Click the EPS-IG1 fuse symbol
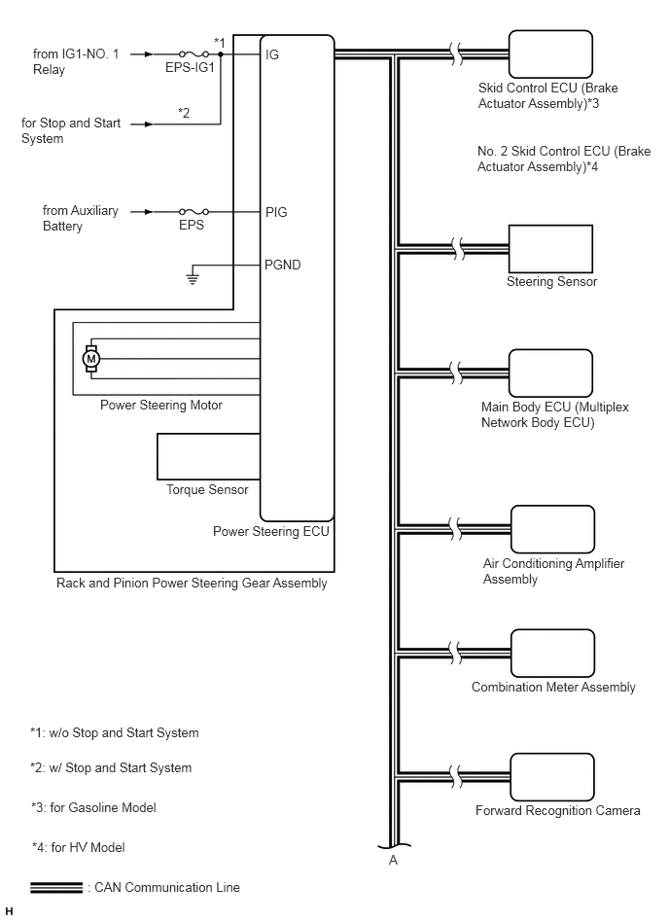[194, 54]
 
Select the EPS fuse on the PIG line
[194, 211]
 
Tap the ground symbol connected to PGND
[193, 278]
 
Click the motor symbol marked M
[90, 358]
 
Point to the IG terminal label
[272, 54]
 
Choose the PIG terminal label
[276, 212]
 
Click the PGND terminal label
[282, 265]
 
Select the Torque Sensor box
[208, 457]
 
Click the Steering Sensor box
[550, 249]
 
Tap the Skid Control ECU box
[550, 54]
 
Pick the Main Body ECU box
[550, 373]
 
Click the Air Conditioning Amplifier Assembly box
[552, 529]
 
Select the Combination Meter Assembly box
[552, 654]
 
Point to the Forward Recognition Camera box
[552, 777]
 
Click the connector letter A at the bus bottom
[393, 860]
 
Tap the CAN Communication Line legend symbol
[56, 888]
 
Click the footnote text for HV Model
[78, 848]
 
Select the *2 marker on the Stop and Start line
[184, 113]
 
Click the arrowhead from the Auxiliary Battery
[149, 211]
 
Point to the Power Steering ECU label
[270, 532]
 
